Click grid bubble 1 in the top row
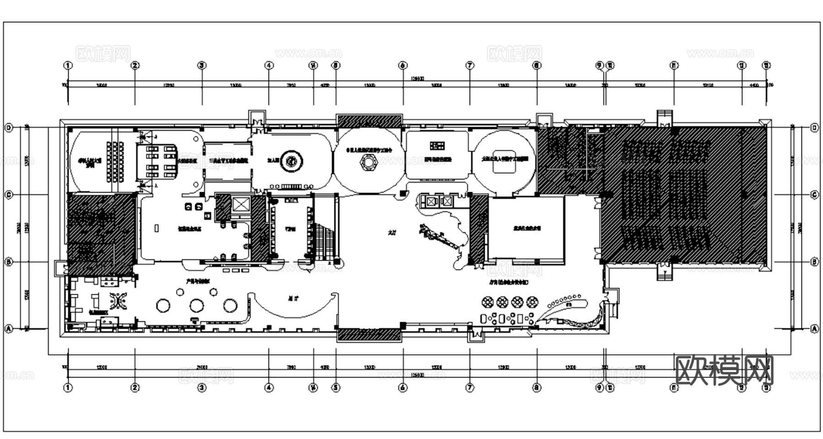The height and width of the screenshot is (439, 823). [x=68, y=65]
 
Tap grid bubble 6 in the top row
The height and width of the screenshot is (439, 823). [x=403, y=65]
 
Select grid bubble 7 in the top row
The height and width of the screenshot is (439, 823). [x=470, y=65]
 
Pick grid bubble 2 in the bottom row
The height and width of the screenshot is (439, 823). [x=135, y=388]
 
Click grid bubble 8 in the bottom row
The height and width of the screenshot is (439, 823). [x=537, y=388]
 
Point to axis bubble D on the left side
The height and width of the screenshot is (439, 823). [x=8, y=128]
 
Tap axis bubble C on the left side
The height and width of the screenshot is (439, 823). [x=8, y=195]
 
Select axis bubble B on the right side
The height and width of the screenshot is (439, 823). [x=814, y=262]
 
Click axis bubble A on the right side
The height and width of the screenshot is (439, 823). [x=814, y=329]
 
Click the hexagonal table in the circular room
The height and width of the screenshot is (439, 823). [x=369, y=161]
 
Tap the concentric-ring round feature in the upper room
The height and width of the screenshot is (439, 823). [x=291, y=161]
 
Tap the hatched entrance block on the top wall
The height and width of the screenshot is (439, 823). [x=369, y=121]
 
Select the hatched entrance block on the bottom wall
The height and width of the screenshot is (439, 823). [x=369, y=335]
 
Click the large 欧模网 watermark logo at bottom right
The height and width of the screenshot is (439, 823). [x=724, y=370]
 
